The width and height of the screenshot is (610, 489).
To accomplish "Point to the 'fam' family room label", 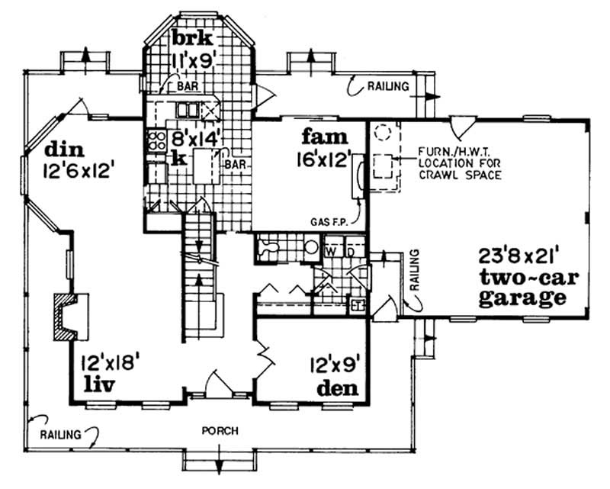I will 324,138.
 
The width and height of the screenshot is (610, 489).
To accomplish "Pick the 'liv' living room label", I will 98,384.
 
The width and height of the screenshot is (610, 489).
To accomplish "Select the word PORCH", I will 220,431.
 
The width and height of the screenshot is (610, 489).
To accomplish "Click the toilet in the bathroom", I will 268,247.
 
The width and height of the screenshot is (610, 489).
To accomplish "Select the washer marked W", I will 332,250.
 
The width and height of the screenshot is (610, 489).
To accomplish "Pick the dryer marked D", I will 351,250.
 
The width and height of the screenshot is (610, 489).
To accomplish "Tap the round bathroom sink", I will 310,248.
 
